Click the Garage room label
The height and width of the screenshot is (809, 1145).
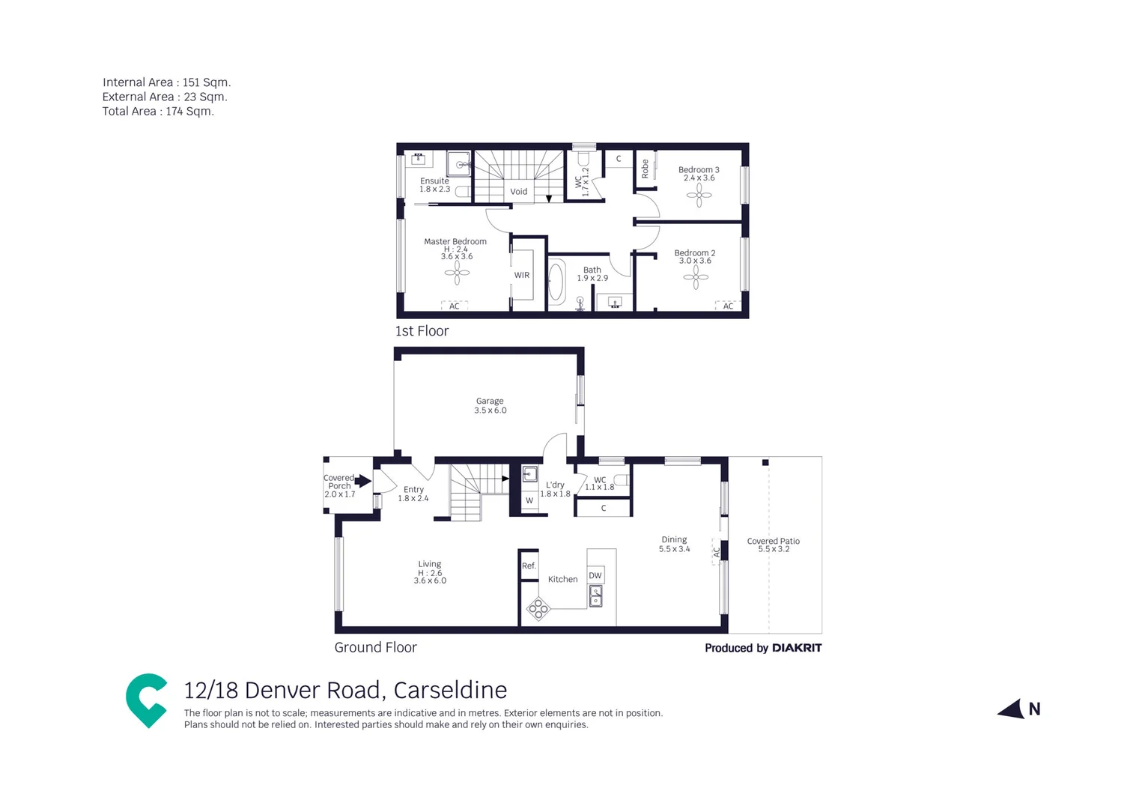coord(490,402)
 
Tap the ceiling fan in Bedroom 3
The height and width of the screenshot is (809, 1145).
coord(699,196)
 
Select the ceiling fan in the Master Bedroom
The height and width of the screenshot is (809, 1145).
coord(457,273)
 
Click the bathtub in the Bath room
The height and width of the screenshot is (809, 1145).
coord(556,282)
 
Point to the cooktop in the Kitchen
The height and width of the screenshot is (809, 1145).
coord(538,608)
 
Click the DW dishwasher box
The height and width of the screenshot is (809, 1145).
coord(595,575)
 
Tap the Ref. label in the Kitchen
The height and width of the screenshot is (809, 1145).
coord(529,566)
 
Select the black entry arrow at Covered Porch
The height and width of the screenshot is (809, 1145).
coord(363,481)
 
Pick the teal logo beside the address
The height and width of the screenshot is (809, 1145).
coord(146,700)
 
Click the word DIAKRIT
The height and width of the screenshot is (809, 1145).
coord(797,648)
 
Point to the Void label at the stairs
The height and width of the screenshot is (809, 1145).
coord(518,192)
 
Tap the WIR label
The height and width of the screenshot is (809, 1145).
coord(522,275)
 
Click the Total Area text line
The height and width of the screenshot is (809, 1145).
coord(158,112)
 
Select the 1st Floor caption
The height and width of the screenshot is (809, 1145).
coord(422,331)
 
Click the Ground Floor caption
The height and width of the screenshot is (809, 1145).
coord(375,647)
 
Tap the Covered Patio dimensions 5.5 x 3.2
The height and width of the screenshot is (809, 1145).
coord(774,549)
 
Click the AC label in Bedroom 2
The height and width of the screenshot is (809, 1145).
coord(728,306)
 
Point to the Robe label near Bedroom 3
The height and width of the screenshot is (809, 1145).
coord(645,169)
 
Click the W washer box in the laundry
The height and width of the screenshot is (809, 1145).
coord(529,500)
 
